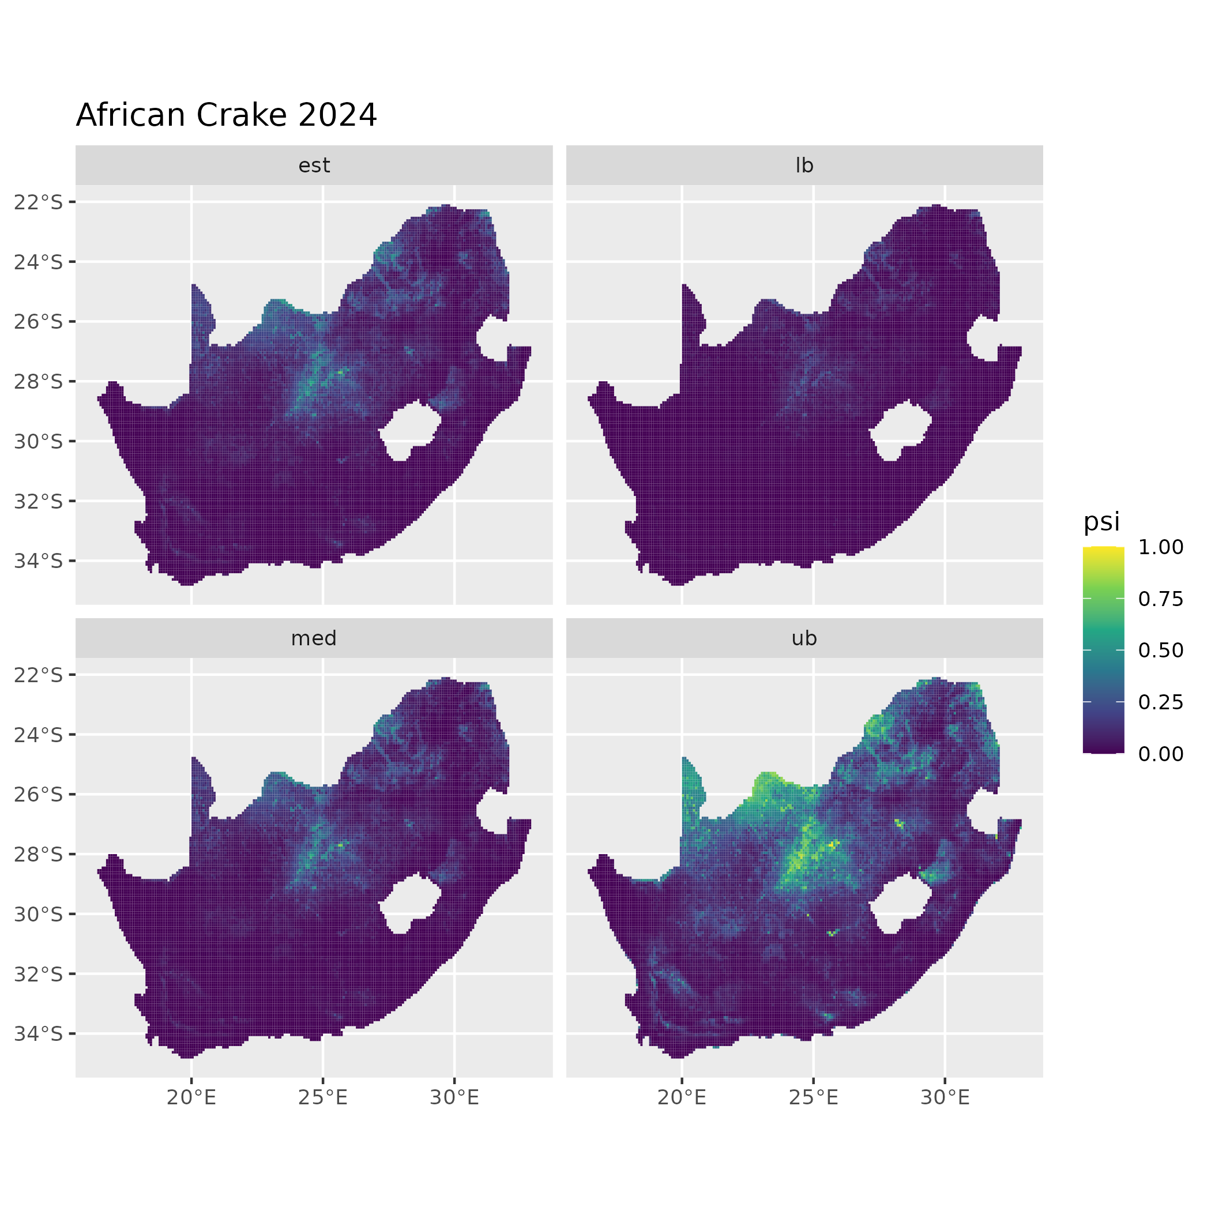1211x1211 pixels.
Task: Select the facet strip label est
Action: (x=314, y=166)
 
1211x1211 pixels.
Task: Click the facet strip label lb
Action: (x=804, y=166)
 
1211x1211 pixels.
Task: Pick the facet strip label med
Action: (x=314, y=638)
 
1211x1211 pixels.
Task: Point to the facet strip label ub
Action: (x=804, y=638)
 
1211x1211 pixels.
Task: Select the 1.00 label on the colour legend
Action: (x=1161, y=547)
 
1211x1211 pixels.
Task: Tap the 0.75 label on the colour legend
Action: (x=1161, y=599)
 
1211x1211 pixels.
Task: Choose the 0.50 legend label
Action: (x=1161, y=650)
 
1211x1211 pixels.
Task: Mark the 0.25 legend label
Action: (x=1161, y=702)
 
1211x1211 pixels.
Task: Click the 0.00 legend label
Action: (x=1161, y=754)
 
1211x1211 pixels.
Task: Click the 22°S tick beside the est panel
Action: (x=39, y=202)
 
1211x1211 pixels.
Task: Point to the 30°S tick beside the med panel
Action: (x=39, y=915)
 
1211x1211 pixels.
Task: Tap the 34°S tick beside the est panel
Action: (x=39, y=561)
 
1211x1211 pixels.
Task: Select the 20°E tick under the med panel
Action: (x=191, y=1097)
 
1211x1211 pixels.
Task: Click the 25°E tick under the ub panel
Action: (x=814, y=1097)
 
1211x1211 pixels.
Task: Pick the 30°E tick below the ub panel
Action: (x=945, y=1097)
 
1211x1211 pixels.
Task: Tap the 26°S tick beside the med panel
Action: (x=39, y=795)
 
